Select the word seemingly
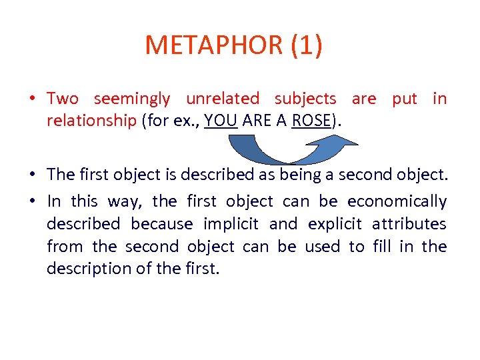coord(132,99)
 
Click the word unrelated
coord(223,99)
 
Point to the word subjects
coord(305,99)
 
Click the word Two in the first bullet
coord(63,99)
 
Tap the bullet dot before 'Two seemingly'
coord(33,99)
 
